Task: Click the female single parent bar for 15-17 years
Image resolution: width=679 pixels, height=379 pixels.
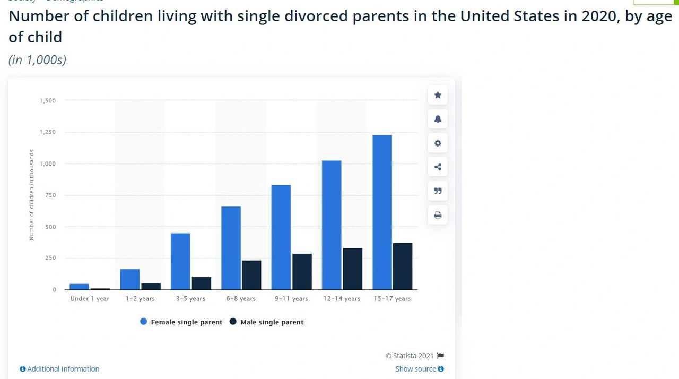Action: pos(382,212)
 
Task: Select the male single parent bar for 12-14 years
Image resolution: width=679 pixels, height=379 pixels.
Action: pos(352,269)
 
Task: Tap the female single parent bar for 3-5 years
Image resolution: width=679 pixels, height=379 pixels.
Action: pos(180,261)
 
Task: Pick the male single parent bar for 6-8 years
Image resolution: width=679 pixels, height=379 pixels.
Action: pos(251,275)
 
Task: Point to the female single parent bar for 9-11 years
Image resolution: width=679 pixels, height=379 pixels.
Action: pos(281,237)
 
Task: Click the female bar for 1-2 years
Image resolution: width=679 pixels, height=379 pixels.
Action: pos(130,279)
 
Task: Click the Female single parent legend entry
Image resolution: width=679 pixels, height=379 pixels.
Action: pos(181,322)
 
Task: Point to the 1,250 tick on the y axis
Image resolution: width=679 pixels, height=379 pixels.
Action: pos(48,132)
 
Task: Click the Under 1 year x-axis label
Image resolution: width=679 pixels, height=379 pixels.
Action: pos(90,298)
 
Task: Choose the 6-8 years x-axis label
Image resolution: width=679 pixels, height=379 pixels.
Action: pos(241,298)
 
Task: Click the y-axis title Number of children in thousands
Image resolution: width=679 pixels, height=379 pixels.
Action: pos(31,195)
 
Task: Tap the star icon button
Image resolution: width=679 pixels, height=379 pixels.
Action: pos(438,95)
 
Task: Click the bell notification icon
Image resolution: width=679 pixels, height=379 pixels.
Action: pos(438,119)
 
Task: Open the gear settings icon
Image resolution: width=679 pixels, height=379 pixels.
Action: pos(438,143)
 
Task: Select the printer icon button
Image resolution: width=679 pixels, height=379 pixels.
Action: pos(438,215)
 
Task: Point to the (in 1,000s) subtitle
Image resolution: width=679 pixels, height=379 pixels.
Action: pos(38,59)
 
